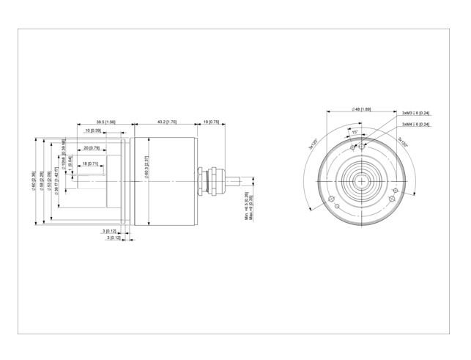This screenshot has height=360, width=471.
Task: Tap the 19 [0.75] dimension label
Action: [x=211, y=122]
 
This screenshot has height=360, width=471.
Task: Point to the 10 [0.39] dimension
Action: [x=92, y=131]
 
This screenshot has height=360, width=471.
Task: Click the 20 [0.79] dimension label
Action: [x=92, y=147]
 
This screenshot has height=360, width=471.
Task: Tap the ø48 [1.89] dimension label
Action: [x=361, y=109]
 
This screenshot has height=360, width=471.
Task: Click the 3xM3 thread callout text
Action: [x=415, y=114]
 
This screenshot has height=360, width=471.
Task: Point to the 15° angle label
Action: [x=355, y=132]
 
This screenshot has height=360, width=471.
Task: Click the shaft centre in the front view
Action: [x=361, y=180]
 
